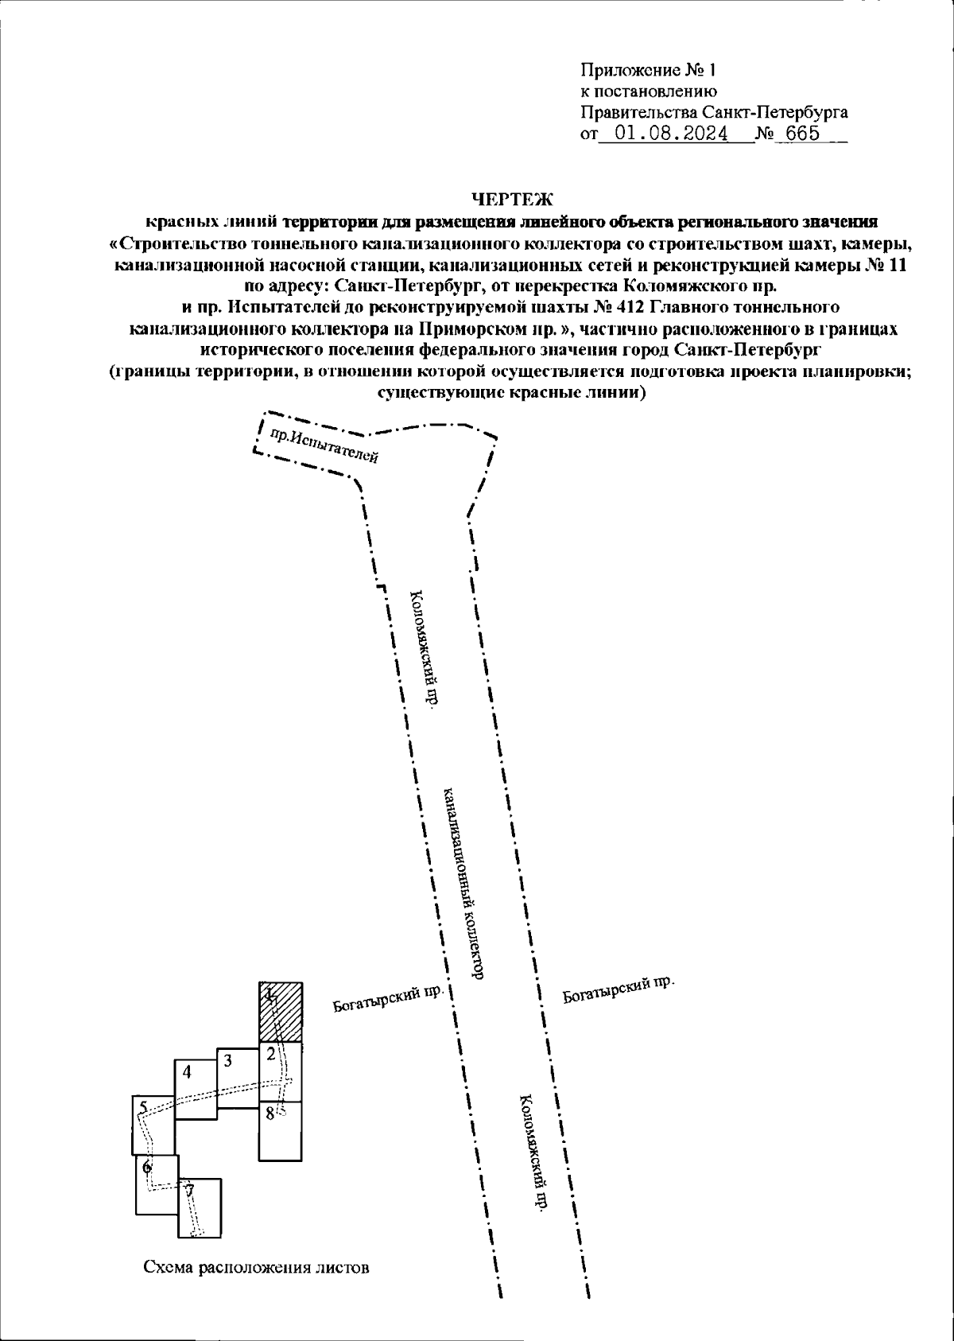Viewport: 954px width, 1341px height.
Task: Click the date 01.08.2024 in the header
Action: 672,134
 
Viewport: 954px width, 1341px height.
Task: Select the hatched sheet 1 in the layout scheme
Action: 281,1012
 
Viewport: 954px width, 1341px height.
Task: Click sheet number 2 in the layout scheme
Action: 271,1055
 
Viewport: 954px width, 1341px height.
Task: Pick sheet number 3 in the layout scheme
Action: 227,1060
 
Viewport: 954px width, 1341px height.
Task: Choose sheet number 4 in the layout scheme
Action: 187,1071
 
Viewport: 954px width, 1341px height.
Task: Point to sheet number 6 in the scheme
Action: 147,1168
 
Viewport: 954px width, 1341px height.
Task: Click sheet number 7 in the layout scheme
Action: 189,1191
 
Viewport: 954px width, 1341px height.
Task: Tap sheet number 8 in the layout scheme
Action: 270,1114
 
